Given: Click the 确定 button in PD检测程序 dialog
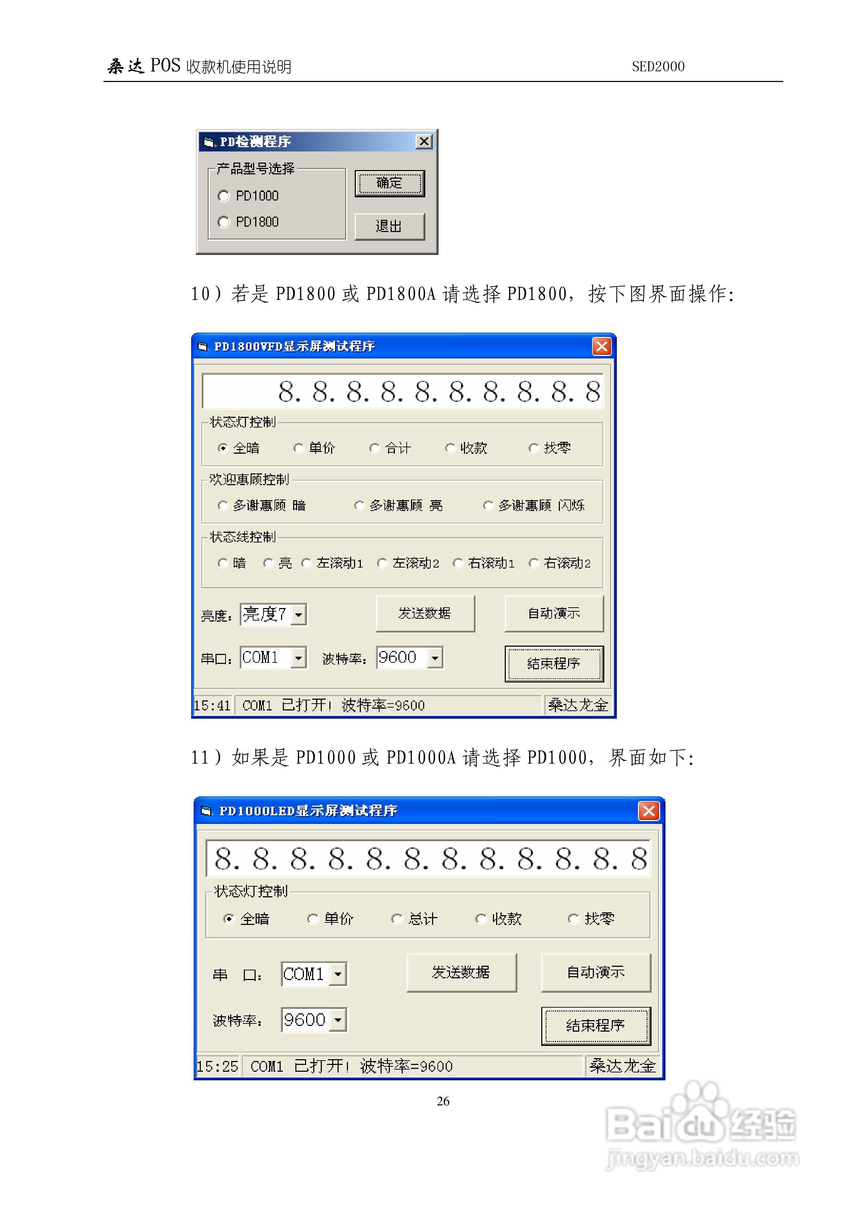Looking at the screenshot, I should click(389, 183).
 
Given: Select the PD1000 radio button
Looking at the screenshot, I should click(224, 196).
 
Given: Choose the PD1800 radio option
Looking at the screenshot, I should click(224, 222).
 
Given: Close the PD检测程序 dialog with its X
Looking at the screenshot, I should click(424, 141).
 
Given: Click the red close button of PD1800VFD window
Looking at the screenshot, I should click(601, 346).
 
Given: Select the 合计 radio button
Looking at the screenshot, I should click(374, 448).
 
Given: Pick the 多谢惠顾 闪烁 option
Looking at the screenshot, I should click(488, 505).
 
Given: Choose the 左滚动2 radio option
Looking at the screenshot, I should click(382, 563).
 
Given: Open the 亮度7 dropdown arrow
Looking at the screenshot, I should click(298, 614).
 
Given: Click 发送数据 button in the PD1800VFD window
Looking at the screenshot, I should click(425, 613).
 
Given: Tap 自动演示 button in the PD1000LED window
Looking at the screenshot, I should click(596, 972).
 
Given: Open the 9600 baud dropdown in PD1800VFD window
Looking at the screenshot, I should click(435, 658).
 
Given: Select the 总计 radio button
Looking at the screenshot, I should click(397, 919).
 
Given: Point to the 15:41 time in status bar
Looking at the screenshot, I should click(212, 705).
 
